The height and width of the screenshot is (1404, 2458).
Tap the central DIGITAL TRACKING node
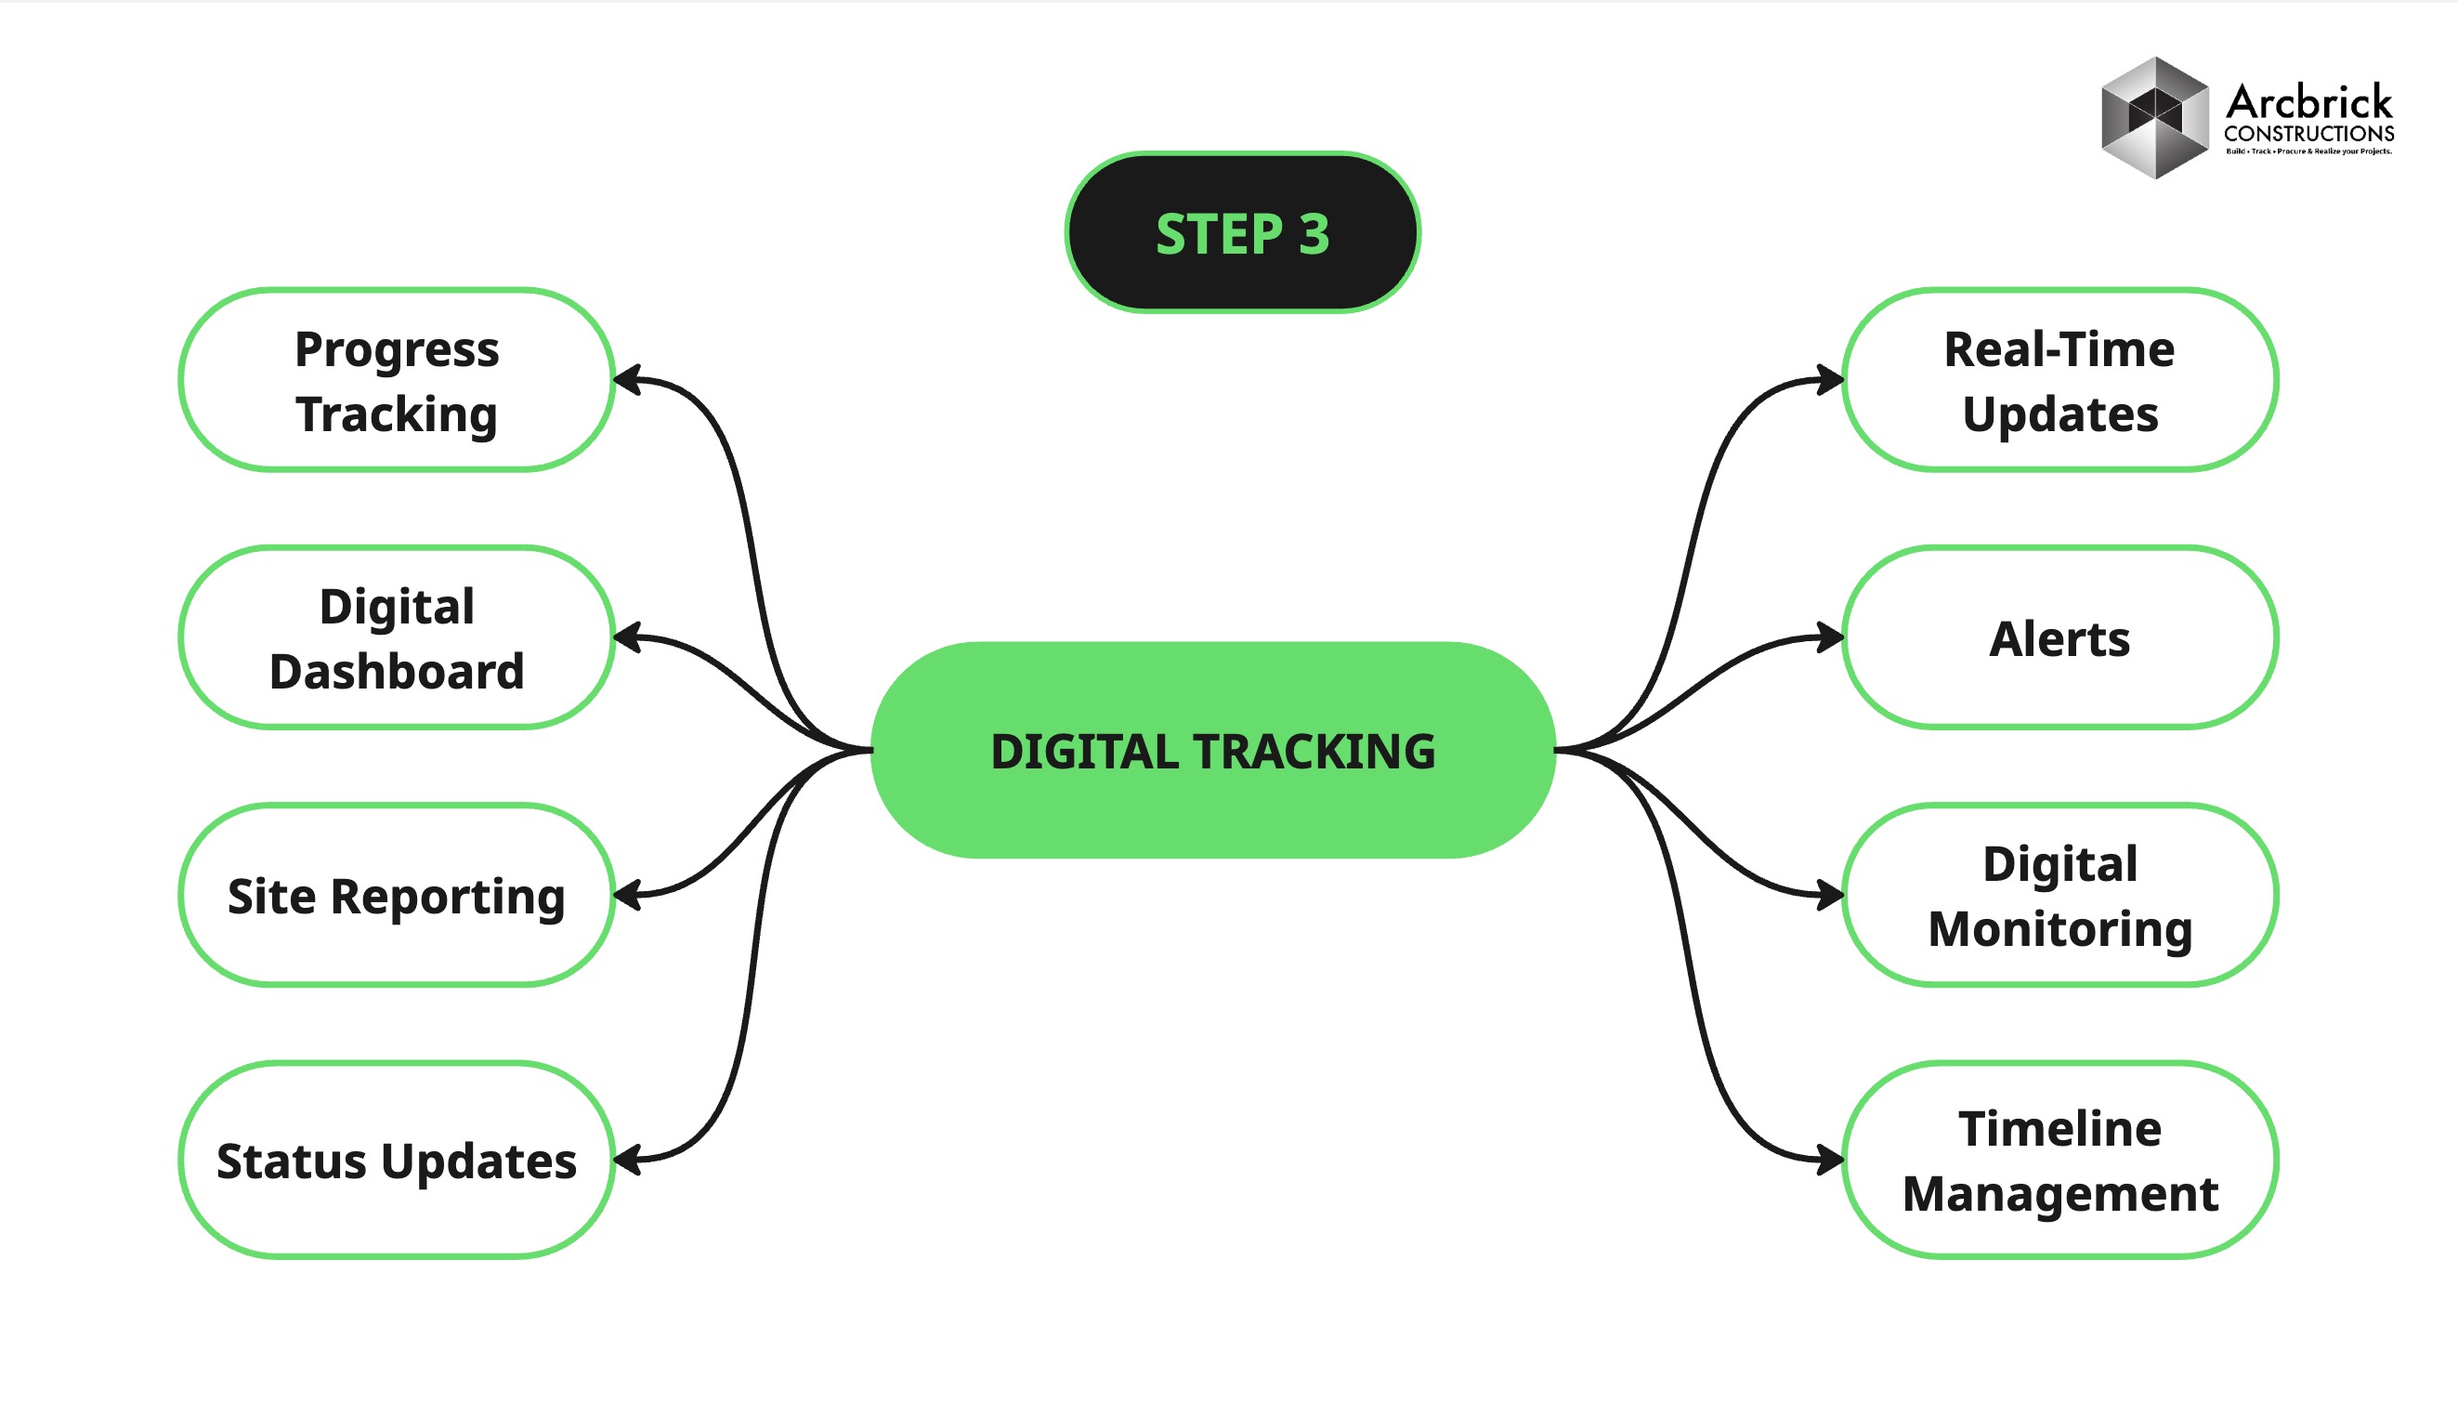click(x=1211, y=750)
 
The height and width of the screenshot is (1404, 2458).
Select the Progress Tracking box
click(x=396, y=380)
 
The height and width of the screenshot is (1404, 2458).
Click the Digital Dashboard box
click(x=396, y=637)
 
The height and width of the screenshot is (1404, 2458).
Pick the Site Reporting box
click(x=396, y=895)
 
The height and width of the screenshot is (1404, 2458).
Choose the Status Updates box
click(x=396, y=1159)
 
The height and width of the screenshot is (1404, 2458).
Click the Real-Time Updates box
click(x=2059, y=380)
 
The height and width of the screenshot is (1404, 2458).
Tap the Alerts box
click(x=2059, y=637)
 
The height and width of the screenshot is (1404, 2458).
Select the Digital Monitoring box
click(x=2059, y=895)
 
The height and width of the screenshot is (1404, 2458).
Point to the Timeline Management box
click(x=2059, y=1159)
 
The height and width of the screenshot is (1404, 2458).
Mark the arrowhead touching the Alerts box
click(x=1828, y=637)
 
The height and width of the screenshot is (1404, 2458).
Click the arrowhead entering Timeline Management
click(x=1828, y=1159)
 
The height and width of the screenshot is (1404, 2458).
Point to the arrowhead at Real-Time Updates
click(x=1828, y=380)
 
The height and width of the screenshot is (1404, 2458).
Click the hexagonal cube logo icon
click(x=2154, y=118)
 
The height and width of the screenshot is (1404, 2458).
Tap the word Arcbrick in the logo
click(x=2308, y=101)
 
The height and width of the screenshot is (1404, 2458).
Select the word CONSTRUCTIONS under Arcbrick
click(x=2308, y=133)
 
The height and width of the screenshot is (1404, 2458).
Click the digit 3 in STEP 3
click(x=1314, y=234)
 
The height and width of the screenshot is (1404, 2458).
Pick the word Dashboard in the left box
click(x=396, y=671)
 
